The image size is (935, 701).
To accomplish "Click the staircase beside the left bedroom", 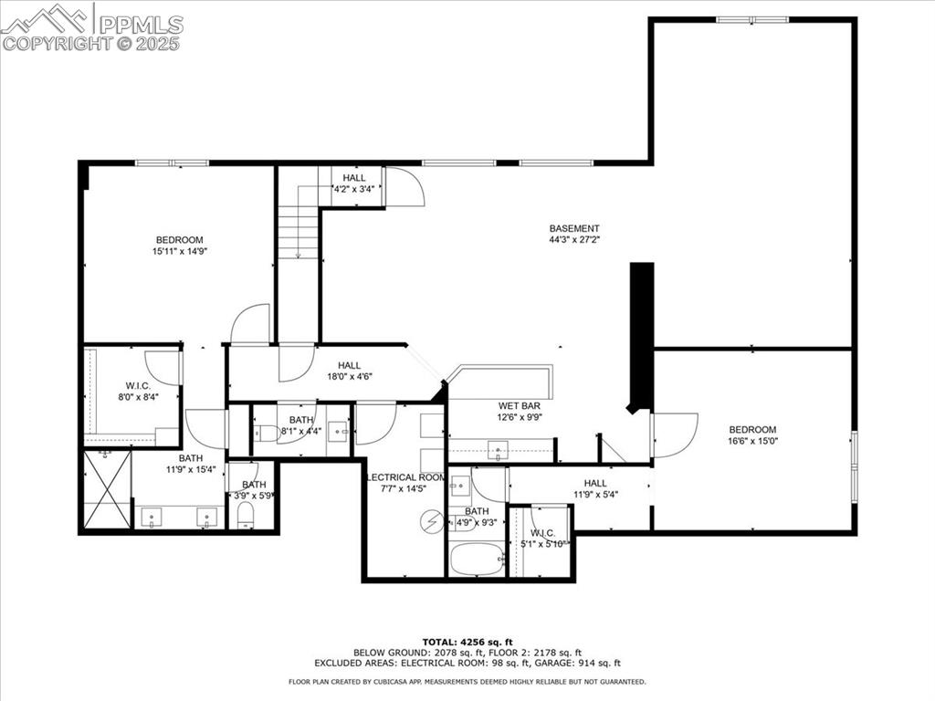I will [x=297, y=232].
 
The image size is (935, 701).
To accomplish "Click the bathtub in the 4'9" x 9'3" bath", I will [x=477, y=558].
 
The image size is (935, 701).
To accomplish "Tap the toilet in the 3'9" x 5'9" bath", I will [x=245, y=518].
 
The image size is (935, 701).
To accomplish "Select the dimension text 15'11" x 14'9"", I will [x=178, y=251].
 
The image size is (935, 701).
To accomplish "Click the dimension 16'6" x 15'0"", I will [x=752, y=441].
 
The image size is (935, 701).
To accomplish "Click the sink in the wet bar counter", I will [x=498, y=449].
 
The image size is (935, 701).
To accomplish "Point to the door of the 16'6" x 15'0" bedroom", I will [x=674, y=434].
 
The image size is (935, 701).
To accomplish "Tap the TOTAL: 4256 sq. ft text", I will [x=467, y=641].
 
